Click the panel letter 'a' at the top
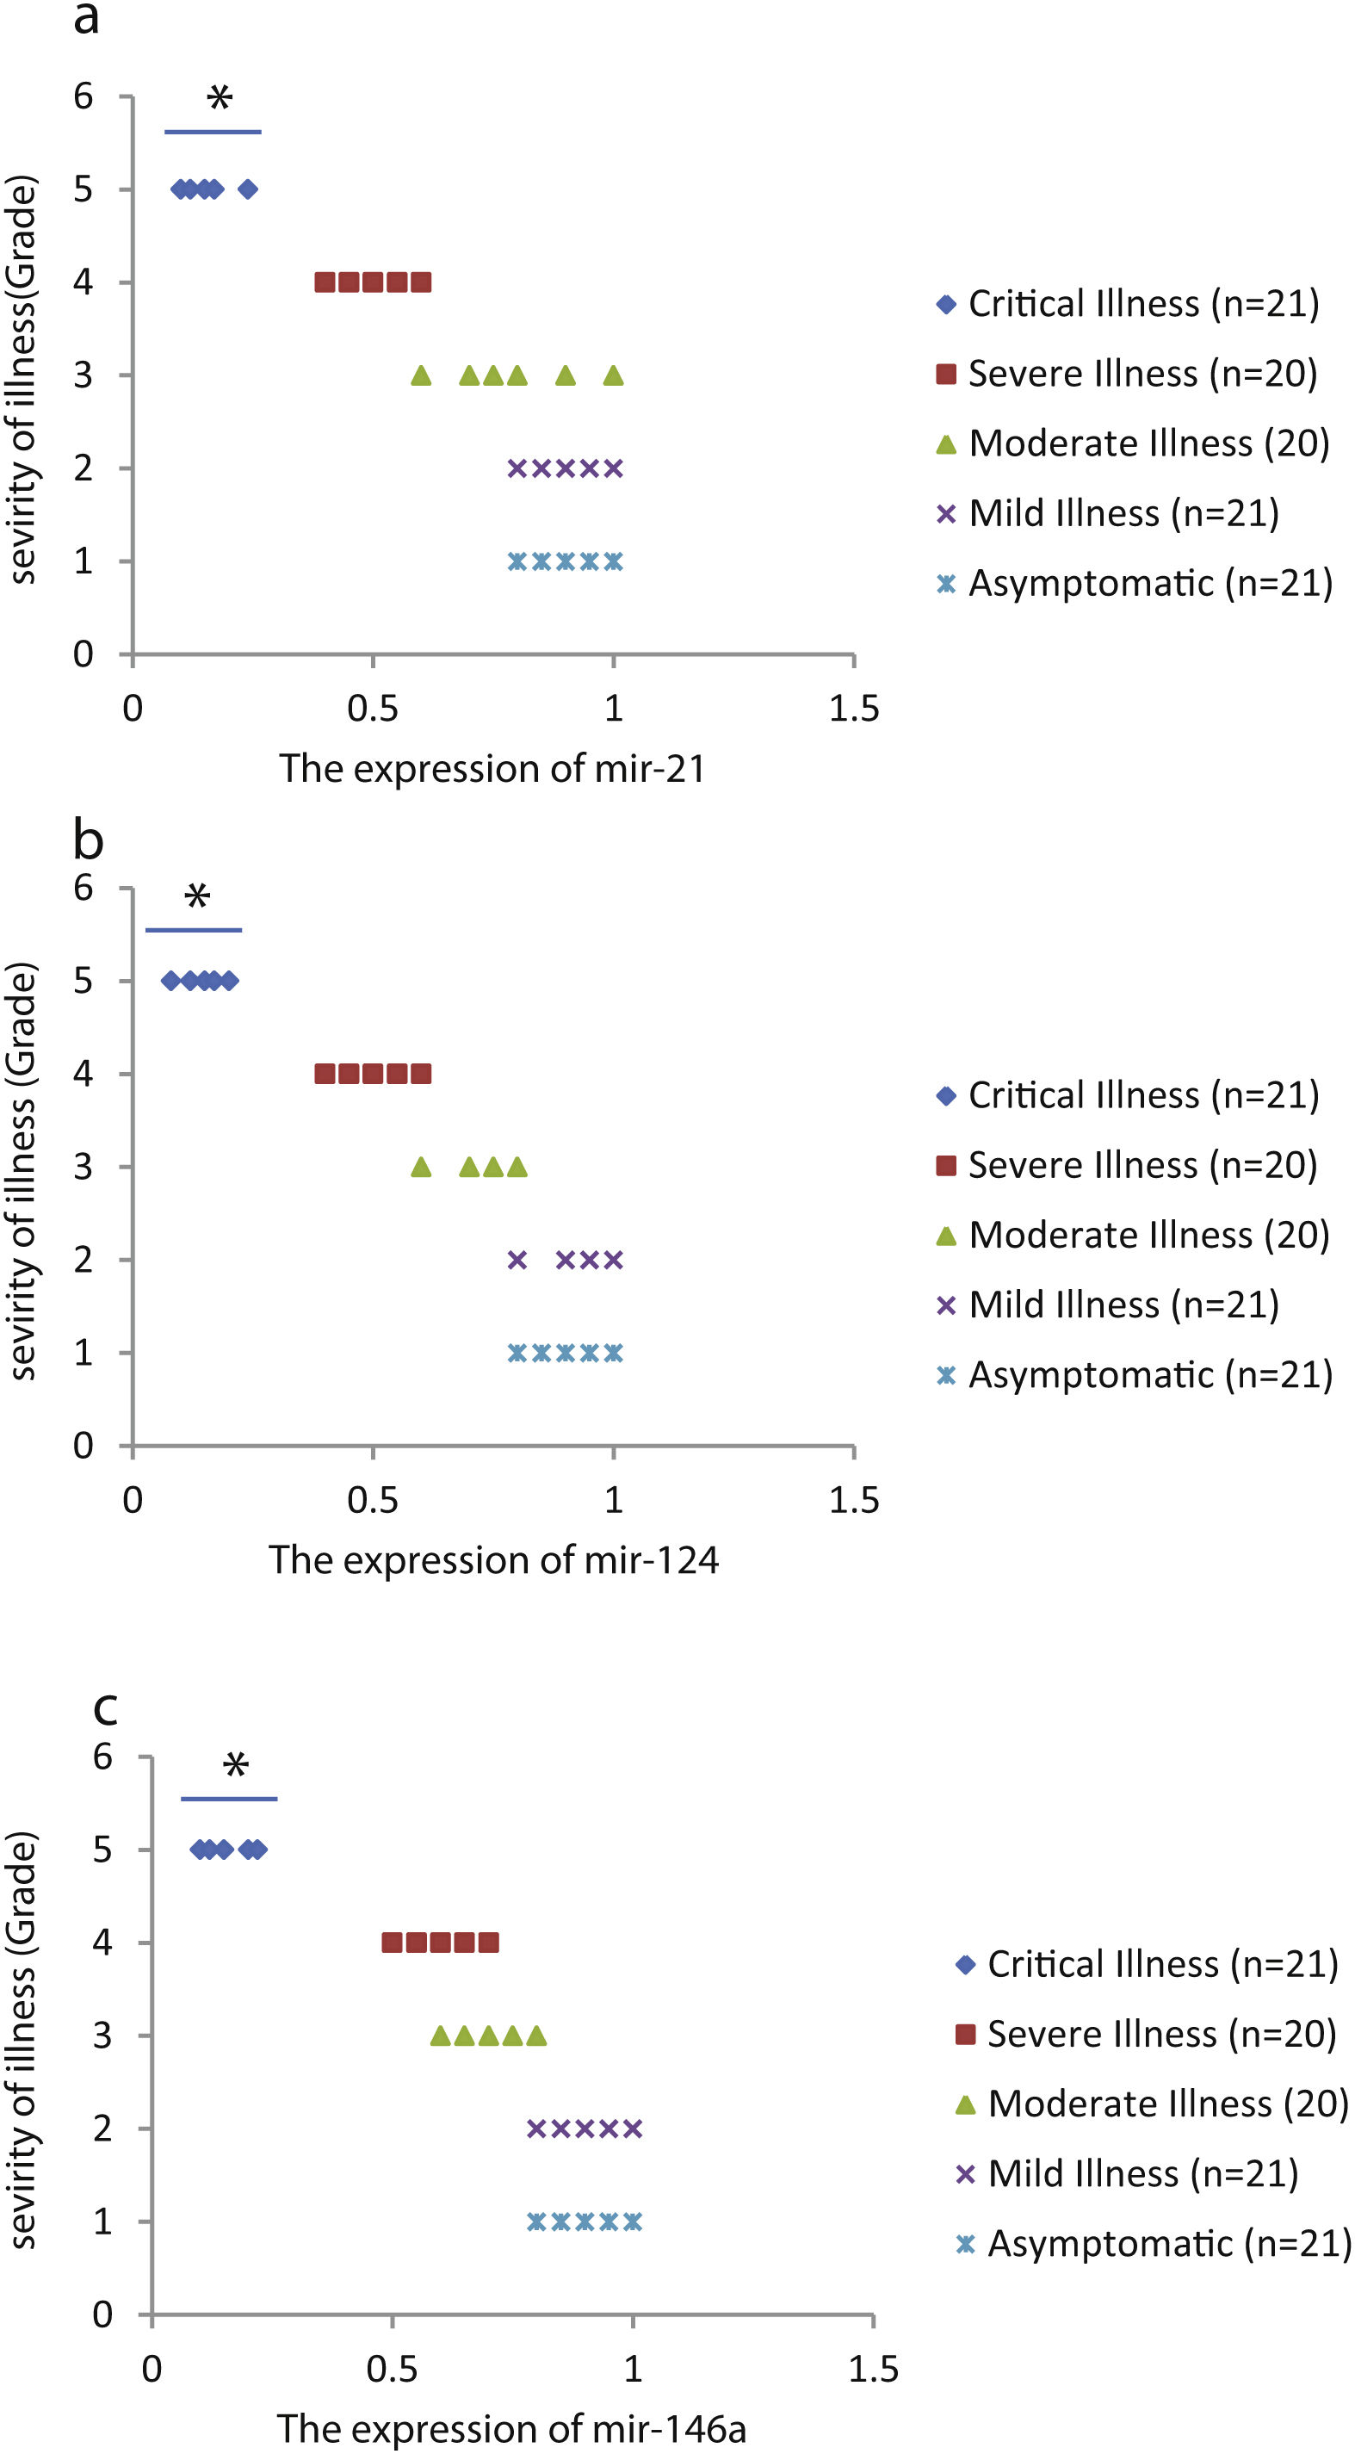pos(86,19)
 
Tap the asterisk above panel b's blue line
pos(197,895)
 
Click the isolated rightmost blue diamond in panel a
pos(248,189)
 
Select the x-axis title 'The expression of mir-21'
pos(492,769)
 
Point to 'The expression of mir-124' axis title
pos(493,1560)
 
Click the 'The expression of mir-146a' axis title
pos(511,2428)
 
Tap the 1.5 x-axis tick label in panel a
pos(853,709)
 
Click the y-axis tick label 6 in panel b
pos(84,888)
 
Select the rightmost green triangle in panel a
pos(613,376)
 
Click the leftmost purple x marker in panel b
pos(517,1261)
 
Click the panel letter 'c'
pos(105,1708)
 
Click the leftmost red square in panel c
pos(392,1943)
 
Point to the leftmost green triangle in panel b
pos(421,1168)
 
